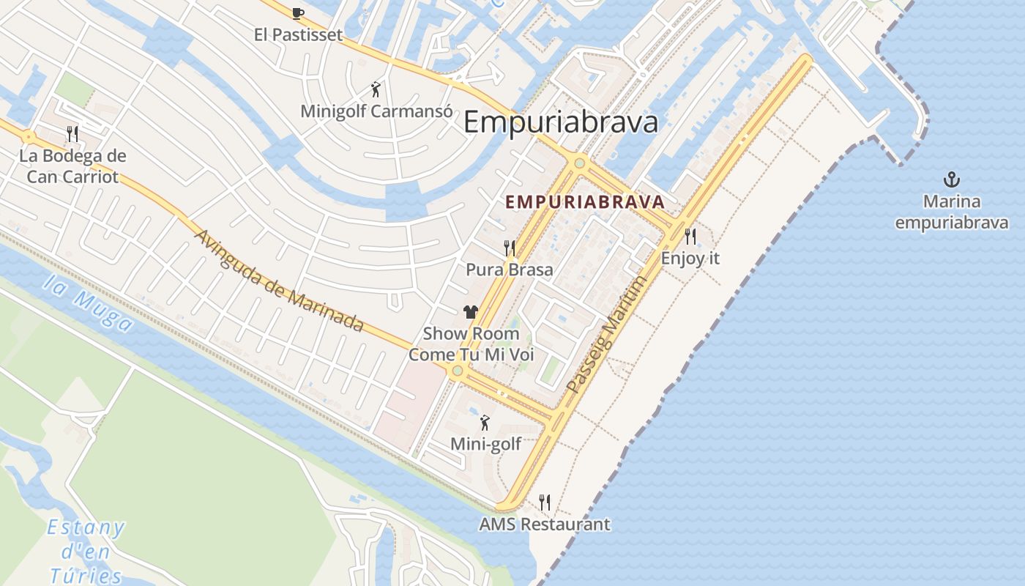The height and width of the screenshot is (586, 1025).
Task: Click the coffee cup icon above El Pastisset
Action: click(x=297, y=12)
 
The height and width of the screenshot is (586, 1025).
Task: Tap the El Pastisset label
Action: click(x=298, y=34)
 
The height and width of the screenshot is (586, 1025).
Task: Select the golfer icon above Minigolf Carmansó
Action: click(x=376, y=89)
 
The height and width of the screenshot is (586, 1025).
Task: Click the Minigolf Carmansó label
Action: click(x=376, y=111)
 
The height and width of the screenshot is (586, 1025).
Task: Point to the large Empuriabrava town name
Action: click(x=561, y=122)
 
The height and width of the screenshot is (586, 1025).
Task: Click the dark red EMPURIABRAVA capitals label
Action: click(x=585, y=201)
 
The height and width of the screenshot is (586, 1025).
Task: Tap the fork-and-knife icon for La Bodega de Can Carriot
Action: click(x=72, y=133)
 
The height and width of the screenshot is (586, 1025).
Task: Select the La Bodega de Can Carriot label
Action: click(x=72, y=166)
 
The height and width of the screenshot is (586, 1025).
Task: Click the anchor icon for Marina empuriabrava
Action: click(x=951, y=179)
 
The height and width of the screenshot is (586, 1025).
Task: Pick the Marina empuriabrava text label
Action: click(x=952, y=212)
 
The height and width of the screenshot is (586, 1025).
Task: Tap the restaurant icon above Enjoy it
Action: click(x=690, y=236)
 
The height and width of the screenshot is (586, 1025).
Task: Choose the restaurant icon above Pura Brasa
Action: click(x=510, y=248)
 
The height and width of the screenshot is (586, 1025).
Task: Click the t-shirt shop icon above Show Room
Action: click(x=470, y=312)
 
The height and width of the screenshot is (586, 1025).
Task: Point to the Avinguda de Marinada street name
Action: click(x=280, y=281)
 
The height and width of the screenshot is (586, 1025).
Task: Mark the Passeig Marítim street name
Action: click(x=608, y=334)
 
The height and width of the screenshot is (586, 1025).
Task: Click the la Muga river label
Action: click(x=88, y=303)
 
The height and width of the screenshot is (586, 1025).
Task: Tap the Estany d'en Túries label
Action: click(x=86, y=551)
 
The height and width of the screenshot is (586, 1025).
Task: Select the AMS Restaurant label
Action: click(x=544, y=524)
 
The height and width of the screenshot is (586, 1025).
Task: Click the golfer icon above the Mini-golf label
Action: click(x=485, y=423)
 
